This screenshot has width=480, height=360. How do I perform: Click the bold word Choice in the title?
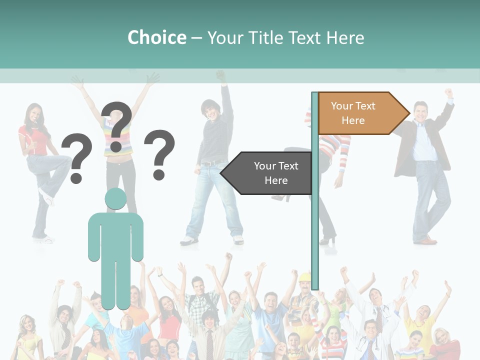(156, 37)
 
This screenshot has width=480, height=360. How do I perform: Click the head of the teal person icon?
(115, 199)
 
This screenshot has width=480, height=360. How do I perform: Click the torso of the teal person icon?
(115, 237)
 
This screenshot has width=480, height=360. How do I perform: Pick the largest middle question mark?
(116, 126)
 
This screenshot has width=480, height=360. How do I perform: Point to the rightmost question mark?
(159, 154)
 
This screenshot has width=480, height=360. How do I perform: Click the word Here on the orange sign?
(353, 120)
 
